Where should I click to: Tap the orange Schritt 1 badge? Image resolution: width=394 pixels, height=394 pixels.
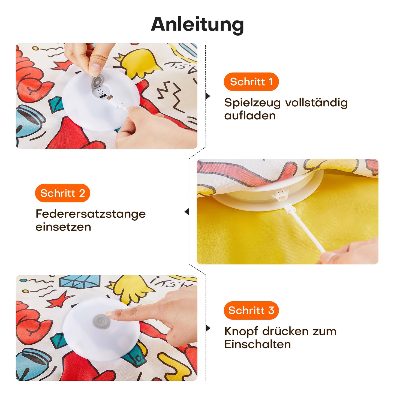tap(251, 82)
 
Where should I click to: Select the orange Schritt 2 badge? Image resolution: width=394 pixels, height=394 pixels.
tap(62, 193)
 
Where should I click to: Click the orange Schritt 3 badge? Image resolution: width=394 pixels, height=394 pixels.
tap(251, 310)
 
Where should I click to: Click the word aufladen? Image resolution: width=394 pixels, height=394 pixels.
tap(250, 116)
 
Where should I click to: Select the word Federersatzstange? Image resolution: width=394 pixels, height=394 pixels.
tap(91, 214)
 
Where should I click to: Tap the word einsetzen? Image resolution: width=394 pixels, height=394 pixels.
tap(63, 227)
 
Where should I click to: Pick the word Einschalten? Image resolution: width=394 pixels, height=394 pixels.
tap(257, 344)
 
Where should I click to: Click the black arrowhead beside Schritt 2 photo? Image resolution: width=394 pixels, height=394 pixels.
tap(187, 212)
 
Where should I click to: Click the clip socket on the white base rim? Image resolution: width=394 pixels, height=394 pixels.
tap(280, 195)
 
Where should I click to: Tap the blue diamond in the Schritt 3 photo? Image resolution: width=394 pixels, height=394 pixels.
tap(80, 281)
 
